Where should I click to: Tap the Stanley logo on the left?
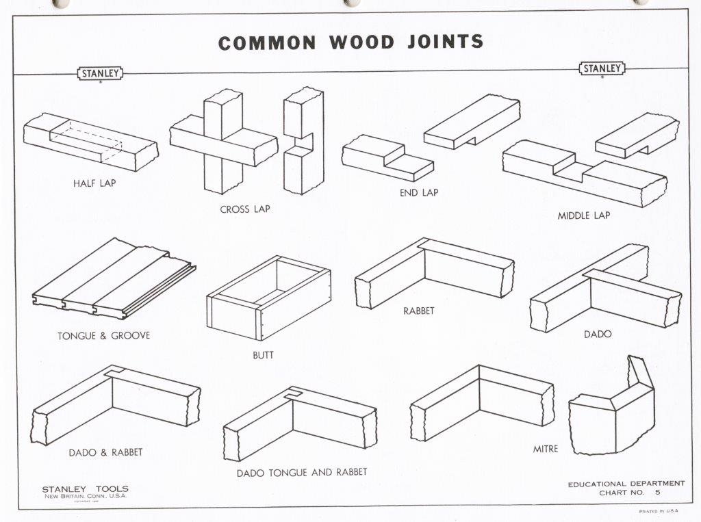100,73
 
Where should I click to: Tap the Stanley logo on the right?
602,68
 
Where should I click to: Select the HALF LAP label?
94,183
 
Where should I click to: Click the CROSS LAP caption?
244,209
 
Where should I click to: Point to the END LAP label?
419,193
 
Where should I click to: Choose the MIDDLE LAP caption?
583,216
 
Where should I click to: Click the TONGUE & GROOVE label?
104,336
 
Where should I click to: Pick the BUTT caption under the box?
263,356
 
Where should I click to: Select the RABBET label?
418,311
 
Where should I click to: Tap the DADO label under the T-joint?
598,335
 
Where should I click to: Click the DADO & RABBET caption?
105,452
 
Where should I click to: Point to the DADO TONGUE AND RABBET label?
302,472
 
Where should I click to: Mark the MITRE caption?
546,449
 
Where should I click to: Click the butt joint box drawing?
268,298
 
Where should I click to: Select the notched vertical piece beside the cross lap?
303,140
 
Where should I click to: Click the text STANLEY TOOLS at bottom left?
85,489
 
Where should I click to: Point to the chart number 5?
657,493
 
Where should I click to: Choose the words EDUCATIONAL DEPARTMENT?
626,484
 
